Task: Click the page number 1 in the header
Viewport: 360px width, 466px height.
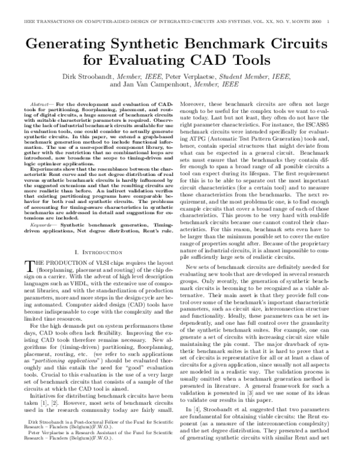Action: (x=355, y=5)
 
